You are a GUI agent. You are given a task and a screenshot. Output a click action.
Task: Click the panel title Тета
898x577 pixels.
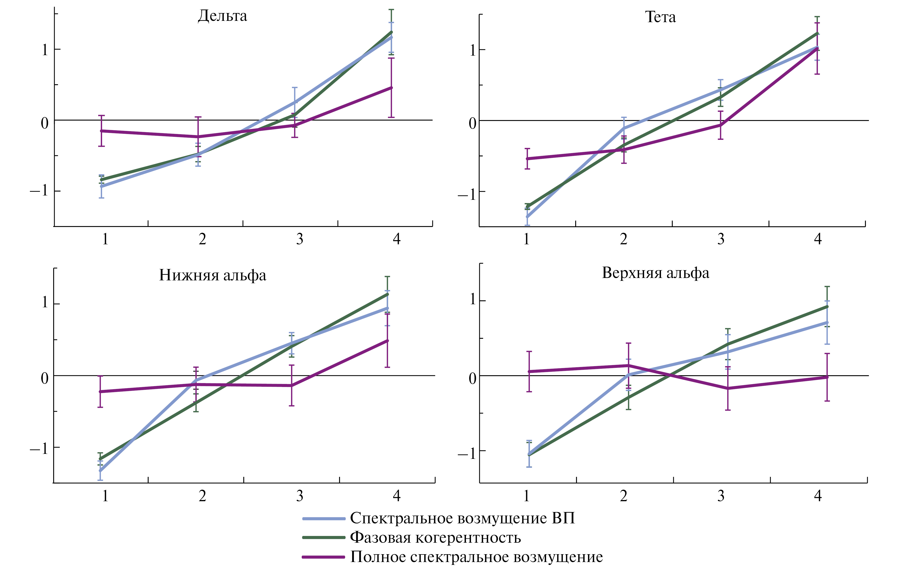click(660, 17)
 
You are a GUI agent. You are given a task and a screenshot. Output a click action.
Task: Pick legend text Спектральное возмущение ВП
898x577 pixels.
click(462, 518)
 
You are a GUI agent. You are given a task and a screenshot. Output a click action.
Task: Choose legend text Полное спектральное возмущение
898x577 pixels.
click(476, 557)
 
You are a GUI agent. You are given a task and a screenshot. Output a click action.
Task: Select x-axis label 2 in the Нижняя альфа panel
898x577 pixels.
click(202, 496)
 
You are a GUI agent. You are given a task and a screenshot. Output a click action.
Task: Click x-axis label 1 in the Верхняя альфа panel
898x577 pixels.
click(527, 496)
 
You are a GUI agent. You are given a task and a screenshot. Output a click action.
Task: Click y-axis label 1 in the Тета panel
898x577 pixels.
click(473, 50)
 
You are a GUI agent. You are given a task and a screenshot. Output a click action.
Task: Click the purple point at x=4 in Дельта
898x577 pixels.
click(391, 88)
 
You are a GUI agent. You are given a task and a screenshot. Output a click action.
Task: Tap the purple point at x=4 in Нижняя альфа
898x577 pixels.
click(387, 341)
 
